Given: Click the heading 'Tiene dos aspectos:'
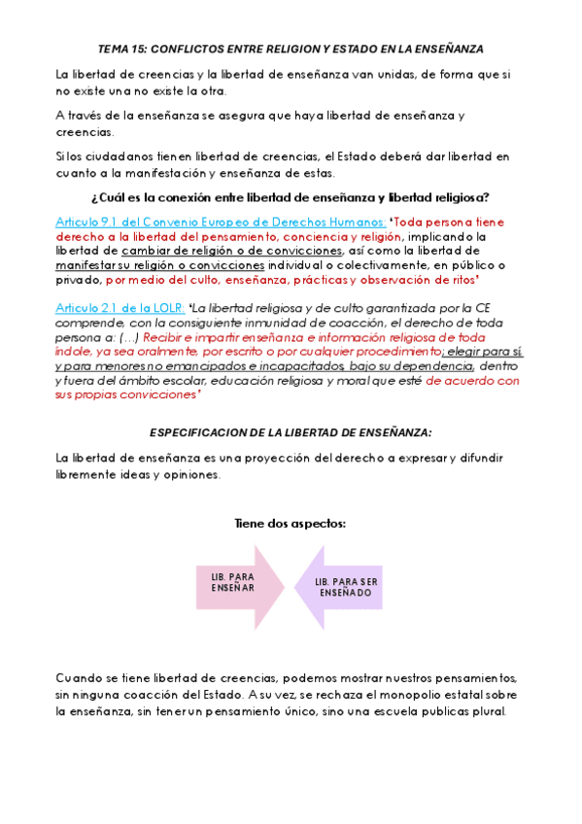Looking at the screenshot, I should pos(290,524).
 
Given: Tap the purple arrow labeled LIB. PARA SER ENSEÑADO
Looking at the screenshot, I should pos(342,587).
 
